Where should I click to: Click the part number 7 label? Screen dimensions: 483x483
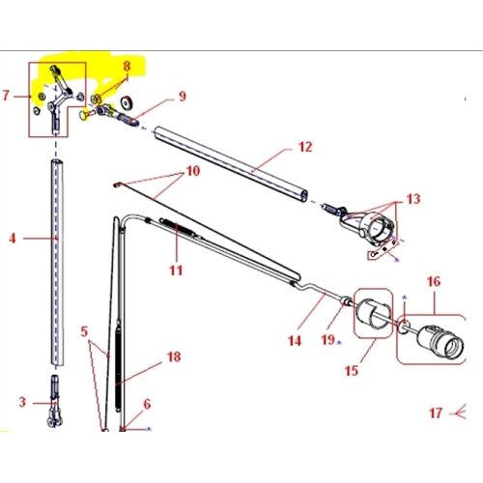pyautogui.click(x=8, y=96)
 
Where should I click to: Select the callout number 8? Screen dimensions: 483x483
pyautogui.click(x=125, y=65)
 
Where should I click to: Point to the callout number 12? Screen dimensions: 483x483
pyautogui.click(x=304, y=147)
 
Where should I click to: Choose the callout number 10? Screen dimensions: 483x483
pyautogui.click(x=192, y=171)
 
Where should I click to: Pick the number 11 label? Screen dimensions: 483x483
pyautogui.click(x=175, y=270)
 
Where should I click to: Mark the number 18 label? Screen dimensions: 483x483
pyautogui.click(x=174, y=356)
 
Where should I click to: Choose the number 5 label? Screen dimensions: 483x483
pyautogui.click(x=85, y=330)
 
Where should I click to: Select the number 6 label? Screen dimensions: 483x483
pyautogui.click(x=147, y=405)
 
